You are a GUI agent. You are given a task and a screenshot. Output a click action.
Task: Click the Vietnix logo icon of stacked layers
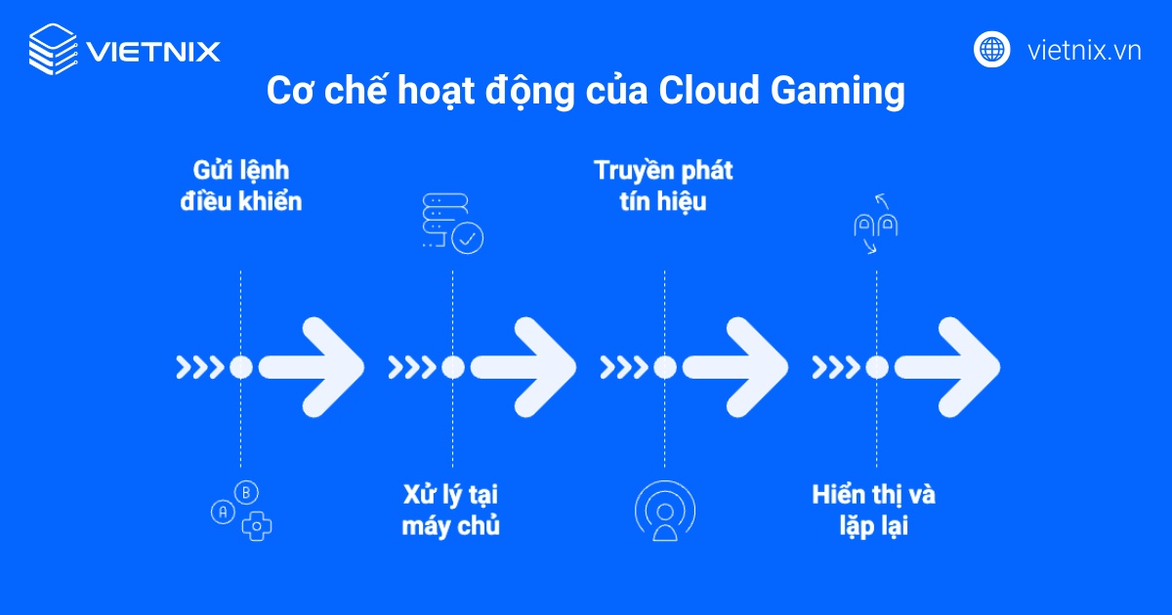tap(53, 50)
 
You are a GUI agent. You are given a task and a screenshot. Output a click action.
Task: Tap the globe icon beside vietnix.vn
tap(991, 49)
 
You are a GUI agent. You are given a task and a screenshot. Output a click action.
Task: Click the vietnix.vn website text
tap(1084, 50)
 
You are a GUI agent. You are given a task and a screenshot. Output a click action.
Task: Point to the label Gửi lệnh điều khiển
tap(241, 186)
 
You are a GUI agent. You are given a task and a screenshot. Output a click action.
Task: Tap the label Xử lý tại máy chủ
tap(451, 509)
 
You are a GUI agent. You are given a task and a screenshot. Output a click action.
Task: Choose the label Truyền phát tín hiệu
tap(663, 186)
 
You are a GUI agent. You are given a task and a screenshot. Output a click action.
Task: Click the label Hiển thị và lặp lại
tap(874, 509)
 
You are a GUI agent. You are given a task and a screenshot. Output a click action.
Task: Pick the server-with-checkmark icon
tap(453, 224)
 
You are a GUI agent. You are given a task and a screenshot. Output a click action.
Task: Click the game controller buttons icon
tap(242, 511)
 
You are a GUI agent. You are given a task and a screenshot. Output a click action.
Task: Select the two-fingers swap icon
tap(876, 224)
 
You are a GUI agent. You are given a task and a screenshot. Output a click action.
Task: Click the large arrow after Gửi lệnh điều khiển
tap(313, 367)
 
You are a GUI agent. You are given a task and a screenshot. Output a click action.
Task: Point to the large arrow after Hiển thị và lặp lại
tap(947, 367)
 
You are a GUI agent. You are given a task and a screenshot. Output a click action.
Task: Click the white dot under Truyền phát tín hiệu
tap(664, 367)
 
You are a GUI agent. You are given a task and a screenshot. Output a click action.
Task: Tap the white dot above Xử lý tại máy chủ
tap(452, 367)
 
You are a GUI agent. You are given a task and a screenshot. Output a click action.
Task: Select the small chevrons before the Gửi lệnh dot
tap(198, 367)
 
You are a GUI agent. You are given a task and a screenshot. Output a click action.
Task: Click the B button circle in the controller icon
tap(248, 493)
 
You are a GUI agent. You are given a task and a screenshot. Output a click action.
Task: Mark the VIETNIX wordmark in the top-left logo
tap(153, 50)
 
